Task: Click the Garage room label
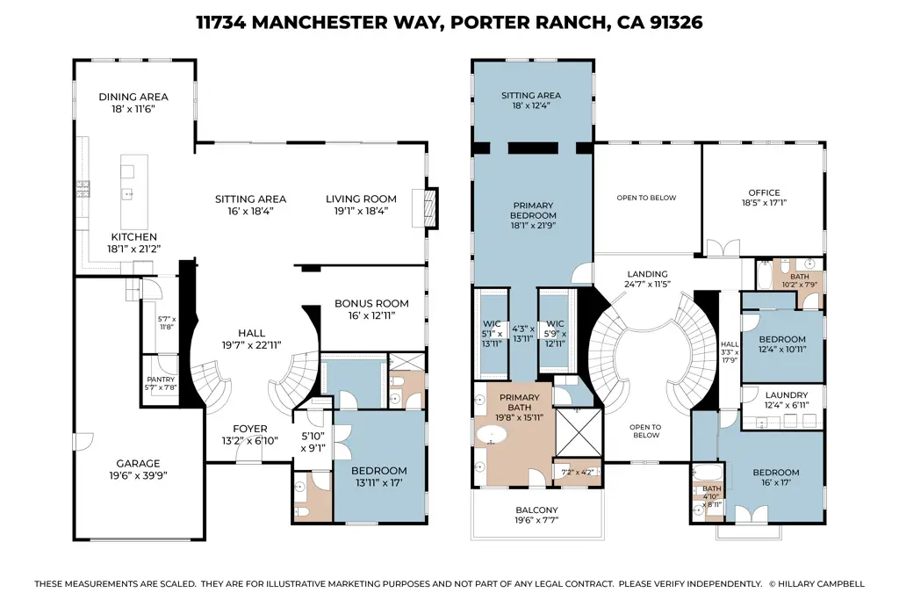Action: click(x=139, y=463)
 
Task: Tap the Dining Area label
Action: click(x=133, y=97)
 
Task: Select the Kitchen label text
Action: click(x=133, y=237)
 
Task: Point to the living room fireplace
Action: click(x=429, y=207)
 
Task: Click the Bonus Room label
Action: click(x=371, y=304)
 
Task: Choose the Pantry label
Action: click(x=161, y=380)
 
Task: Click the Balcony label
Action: click(x=536, y=510)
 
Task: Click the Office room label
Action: click(x=764, y=192)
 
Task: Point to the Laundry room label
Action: click(x=787, y=395)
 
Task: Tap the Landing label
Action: click(x=647, y=274)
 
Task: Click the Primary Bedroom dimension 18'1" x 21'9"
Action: click(x=534, y=227)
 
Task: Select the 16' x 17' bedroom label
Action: click(x=776, y=473)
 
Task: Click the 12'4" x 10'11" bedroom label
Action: click(x=781, y=339)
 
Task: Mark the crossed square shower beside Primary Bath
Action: click(x=575, y=431)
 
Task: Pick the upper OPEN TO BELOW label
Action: click(x=646, y=198)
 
